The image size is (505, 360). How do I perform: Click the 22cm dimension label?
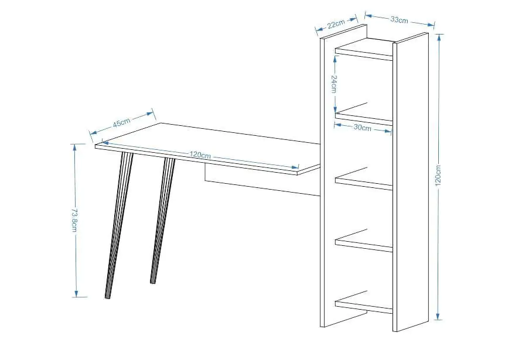click(x=336, y=24)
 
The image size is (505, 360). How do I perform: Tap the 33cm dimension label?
click(x=400, y=20)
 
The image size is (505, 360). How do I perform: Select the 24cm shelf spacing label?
click(x=334, y=84)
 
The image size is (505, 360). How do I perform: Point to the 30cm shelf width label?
click(x=362, y=128)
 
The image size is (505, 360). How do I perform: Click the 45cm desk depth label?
click(x=121, y=122)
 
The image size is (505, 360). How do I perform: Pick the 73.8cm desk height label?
click(x=74, y=220)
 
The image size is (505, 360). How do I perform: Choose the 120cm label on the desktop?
click(x=200, y=155)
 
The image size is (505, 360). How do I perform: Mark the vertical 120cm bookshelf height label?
click(x=438, y=177)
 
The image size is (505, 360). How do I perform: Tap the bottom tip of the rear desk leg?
click(x=152, y=283)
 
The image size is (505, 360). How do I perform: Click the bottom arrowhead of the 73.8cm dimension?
click(x=76, y=294)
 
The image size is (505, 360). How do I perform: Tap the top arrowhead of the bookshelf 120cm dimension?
click(x=439, y=37)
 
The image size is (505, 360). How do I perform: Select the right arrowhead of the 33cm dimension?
click(x=431, y=25)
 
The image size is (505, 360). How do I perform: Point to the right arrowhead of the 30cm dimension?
click(x=388, y=131)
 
